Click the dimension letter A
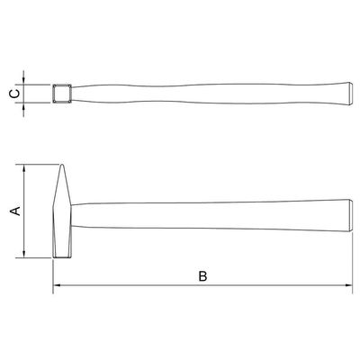(x=16, y=211)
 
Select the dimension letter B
(x=202, y=276)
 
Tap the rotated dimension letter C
(x=15, y=94)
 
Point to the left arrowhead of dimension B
(x=57, y=285)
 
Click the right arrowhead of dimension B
(x=348, y=285)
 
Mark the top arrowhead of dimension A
(x=24, y=168)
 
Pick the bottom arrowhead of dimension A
(x=24, y=254)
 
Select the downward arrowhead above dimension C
(x=23, y=81)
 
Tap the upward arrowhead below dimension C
(x=23, y=106)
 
